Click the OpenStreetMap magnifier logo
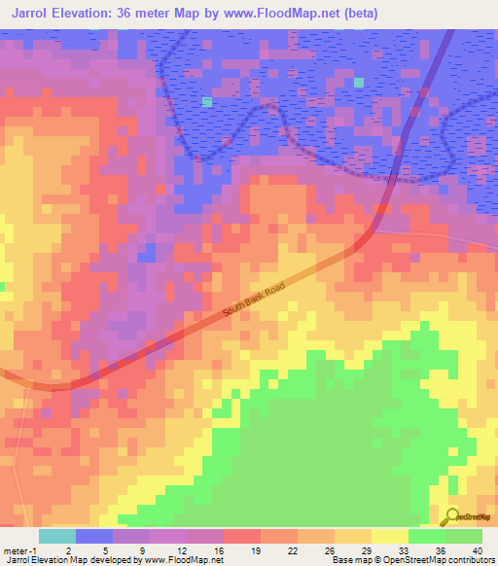pos(452,517)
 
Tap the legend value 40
pos(477,549)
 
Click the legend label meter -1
pos(19,549)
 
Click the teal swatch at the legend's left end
pos(57,536)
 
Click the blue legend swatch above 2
pos(94,536)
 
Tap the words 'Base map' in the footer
pos(347,560)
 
